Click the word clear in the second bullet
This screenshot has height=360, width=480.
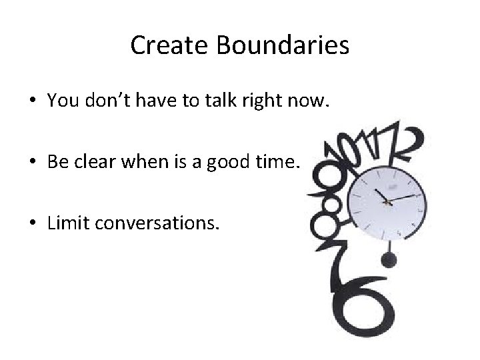pos(94,163)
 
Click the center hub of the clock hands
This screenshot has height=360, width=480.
pos(388,201)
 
